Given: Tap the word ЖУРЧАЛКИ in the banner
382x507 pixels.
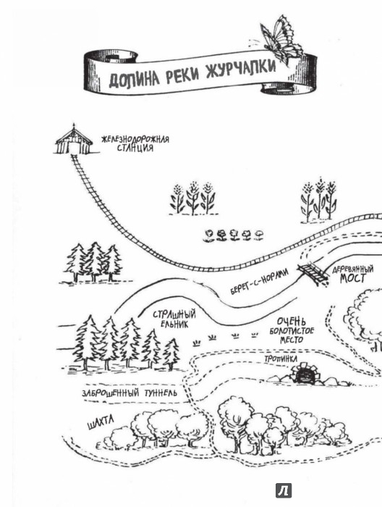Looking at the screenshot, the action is click(241, 70).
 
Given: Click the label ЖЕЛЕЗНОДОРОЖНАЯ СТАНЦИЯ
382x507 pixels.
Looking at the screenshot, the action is click(135, 143).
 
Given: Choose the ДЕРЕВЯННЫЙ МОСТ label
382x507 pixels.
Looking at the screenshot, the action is click(352, 275).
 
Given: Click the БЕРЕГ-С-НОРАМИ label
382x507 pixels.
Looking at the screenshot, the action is click(259, 282).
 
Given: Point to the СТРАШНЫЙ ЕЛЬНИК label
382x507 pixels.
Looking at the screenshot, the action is click(174, 319).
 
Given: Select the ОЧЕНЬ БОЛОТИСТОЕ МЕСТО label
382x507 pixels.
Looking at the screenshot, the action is click(292, 330).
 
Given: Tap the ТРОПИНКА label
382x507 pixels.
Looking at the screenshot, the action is click(281, 359).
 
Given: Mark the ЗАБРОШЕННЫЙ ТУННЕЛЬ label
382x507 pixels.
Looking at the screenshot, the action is click(130, 393).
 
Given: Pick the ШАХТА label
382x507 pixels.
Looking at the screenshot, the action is click(101, 422).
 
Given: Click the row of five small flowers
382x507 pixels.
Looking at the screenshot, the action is click(234, 235).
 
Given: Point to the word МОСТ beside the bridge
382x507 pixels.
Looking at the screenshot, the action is click(352, 279).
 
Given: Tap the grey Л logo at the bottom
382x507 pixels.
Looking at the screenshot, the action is click(284, 490).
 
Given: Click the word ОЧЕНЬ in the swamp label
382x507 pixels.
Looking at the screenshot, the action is click(292, 322).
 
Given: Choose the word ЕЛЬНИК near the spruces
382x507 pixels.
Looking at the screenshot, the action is click(174, 324).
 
